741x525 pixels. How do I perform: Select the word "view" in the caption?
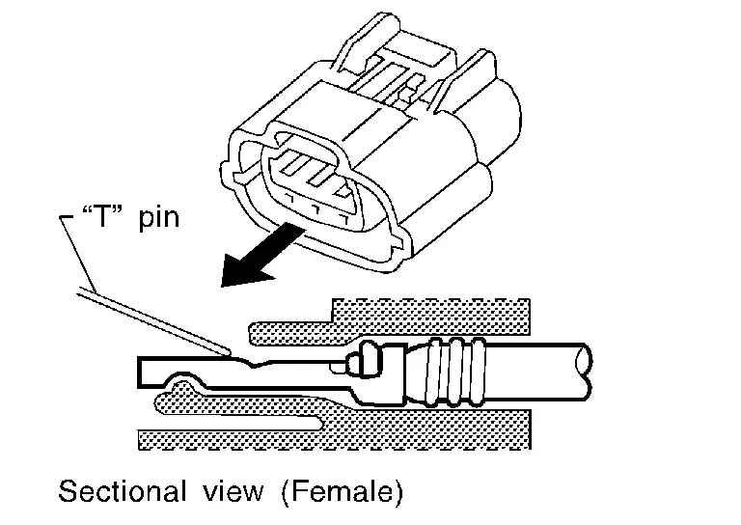(x=228, y=491)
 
